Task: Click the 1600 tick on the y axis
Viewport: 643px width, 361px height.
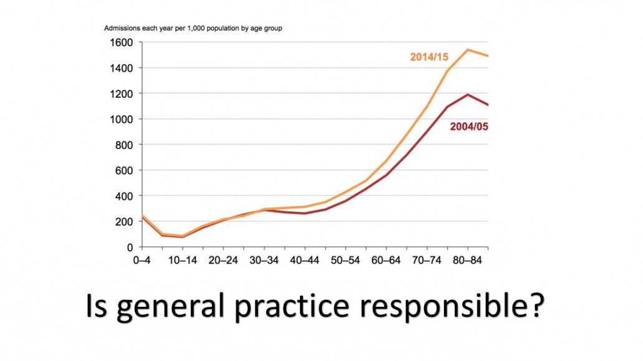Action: (x=121, y=42)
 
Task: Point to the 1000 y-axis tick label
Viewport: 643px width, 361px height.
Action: (x=121, y=119)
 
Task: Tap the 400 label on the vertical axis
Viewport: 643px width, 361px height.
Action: (x=123, y=196)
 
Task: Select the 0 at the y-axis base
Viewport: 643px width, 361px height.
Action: (x=130, y=248)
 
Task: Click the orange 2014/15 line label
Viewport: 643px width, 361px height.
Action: (x=430, y=57)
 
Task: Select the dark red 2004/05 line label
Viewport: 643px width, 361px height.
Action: (x=468, y=127)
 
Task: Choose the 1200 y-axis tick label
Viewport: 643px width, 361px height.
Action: (x=121, y=94)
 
